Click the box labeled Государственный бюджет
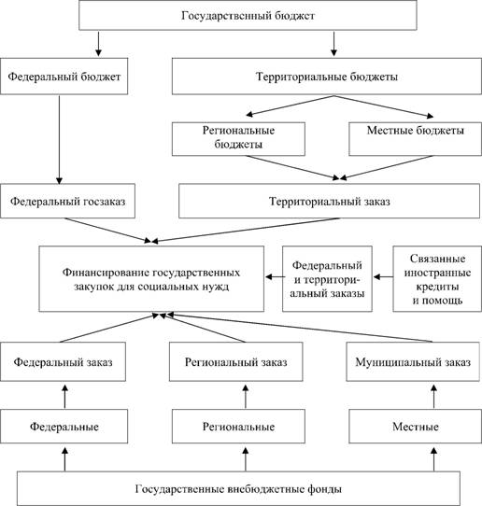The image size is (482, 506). (x=248, y=15)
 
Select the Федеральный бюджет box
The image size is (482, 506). (x=64, y=77)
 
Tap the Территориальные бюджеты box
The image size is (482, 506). (x=326, y=77)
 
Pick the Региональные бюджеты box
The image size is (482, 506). (x=238, y=139)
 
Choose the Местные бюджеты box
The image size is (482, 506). (x=415, y=139)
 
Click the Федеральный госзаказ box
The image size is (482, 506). (x=67, y=201)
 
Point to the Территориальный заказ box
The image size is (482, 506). (x=330, y=201)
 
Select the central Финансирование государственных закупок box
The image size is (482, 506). (x=151, y=279)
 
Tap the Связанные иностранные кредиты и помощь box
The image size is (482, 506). (x=437, y=279)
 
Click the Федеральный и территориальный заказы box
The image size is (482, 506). (x=327, y=279)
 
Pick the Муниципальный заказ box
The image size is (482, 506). (x=413, y=361)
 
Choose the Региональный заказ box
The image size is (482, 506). (x=236, y=361)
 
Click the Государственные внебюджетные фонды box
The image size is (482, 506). (x=238, y=488)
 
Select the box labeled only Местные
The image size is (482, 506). (x=415, y=427)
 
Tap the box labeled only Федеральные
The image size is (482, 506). (x=64, y=427)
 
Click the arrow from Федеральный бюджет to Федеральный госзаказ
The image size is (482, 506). (x=59, y=140)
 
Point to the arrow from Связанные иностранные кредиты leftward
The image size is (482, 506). (x=383, y=277)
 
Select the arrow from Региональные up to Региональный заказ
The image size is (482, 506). (x=246, y=397)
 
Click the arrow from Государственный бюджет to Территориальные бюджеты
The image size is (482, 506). (x=333, y=44)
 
